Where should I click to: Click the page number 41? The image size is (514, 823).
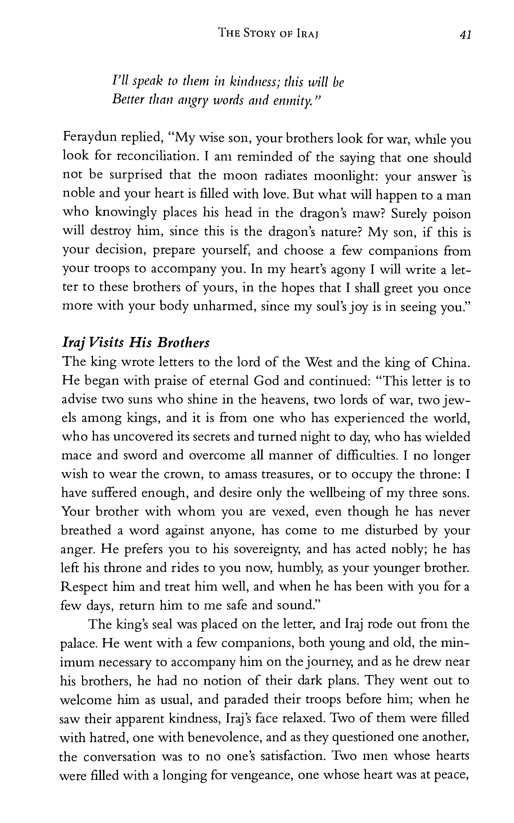pos(465,34)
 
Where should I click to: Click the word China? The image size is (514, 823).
pos(450,363)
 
